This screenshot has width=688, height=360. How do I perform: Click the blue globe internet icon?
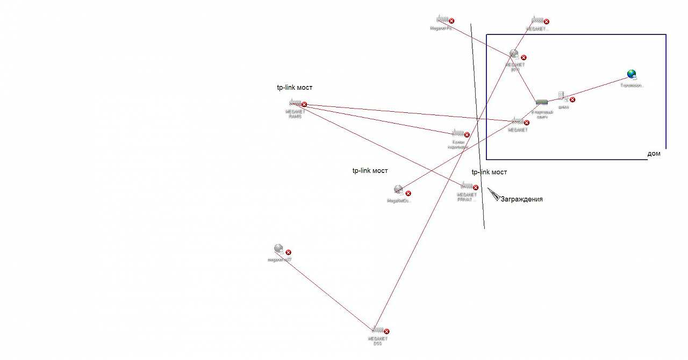(x=632, y=75)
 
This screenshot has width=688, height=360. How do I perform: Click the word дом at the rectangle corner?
(x=654, y=154)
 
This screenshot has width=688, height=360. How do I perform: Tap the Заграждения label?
(x=521, y=199)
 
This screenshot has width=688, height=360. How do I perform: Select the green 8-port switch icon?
(x=541, y=102)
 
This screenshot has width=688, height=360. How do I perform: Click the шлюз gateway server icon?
(x=562, y=96)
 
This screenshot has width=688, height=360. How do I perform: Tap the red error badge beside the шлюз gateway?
(x=572, y=99)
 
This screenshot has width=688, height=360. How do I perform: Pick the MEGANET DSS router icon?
(x=377, y=329)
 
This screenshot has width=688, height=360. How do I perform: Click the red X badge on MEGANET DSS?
(x=386, y=332)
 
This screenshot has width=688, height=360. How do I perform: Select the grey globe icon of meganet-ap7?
(x=278, y=249)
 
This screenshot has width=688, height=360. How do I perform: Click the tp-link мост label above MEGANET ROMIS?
(x=295, y=88)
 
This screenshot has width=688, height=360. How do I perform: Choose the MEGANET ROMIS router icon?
(x=294, y=103)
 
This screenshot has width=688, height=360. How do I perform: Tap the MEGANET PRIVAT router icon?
(x=466, y=186)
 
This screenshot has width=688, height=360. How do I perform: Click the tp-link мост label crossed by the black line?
(x=489, y=172)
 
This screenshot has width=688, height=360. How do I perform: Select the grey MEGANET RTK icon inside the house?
(x=514, y=54)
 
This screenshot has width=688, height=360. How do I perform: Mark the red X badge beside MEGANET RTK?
(x=524, y=57)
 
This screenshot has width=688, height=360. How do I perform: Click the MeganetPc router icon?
(x=442, y=19)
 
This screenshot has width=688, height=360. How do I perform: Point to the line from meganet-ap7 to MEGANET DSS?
(x=328, y=290)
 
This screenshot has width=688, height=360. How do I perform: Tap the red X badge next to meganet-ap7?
(x=288, y=252)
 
